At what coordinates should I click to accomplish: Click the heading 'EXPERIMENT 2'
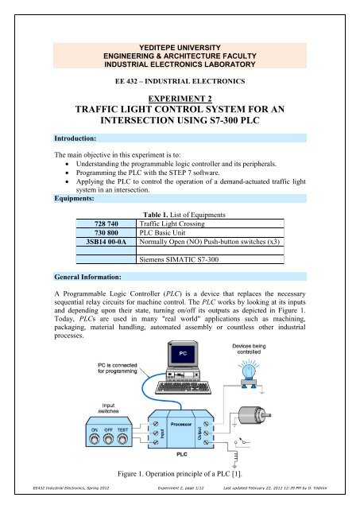pos(180,92)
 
